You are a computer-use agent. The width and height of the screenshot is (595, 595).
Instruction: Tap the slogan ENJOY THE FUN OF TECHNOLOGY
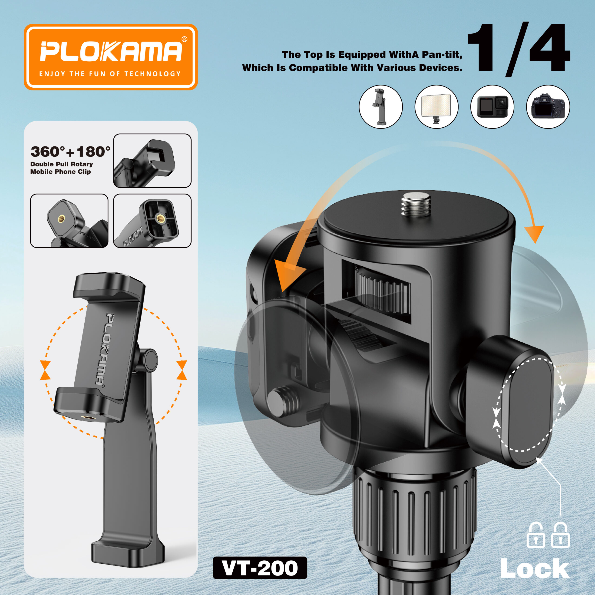coord(110,74)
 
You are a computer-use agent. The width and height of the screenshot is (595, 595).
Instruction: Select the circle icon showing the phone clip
coord(381,106)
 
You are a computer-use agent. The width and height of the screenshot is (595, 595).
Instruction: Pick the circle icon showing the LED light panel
coord(436,106)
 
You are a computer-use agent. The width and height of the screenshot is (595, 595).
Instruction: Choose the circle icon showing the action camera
coord(492,106)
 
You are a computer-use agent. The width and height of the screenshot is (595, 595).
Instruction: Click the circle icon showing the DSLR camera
coord(548,106)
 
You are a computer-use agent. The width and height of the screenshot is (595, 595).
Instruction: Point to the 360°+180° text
coord(70,152)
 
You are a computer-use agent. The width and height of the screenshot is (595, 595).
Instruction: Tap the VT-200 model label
coord(260,568)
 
